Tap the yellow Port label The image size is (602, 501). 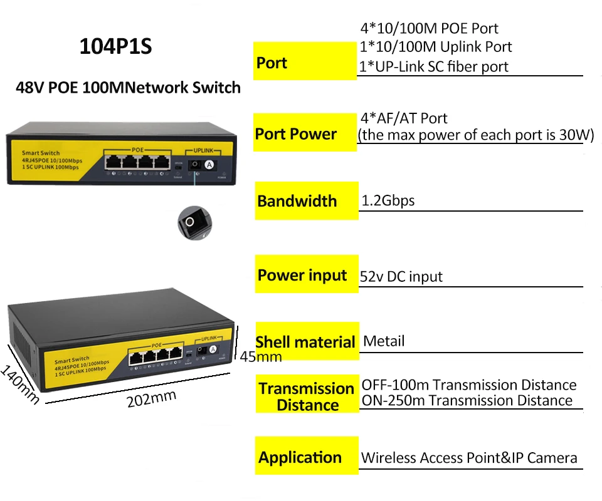pos(272,63)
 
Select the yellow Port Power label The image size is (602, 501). pos(296,134)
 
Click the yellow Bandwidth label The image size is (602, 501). pos(297,202)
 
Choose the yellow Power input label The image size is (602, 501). pos(302,276)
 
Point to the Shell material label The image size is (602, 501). pos(305,343)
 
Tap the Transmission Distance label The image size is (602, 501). pos(307,396)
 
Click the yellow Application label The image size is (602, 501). pos(300,458)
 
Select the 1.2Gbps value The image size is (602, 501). pos(388,201)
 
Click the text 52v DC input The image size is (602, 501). pos(401,276)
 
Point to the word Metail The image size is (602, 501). pos(384,341)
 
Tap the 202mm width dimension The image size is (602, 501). pos(151,398)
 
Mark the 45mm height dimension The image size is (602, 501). pos(261,357)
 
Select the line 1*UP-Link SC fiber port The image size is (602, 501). pos(433,66)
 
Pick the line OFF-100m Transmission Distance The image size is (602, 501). pos(468,385)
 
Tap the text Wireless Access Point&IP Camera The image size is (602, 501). pos(468,458)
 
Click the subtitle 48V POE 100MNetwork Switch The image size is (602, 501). pos(128,87)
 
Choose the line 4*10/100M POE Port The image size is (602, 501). pos(430,28)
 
